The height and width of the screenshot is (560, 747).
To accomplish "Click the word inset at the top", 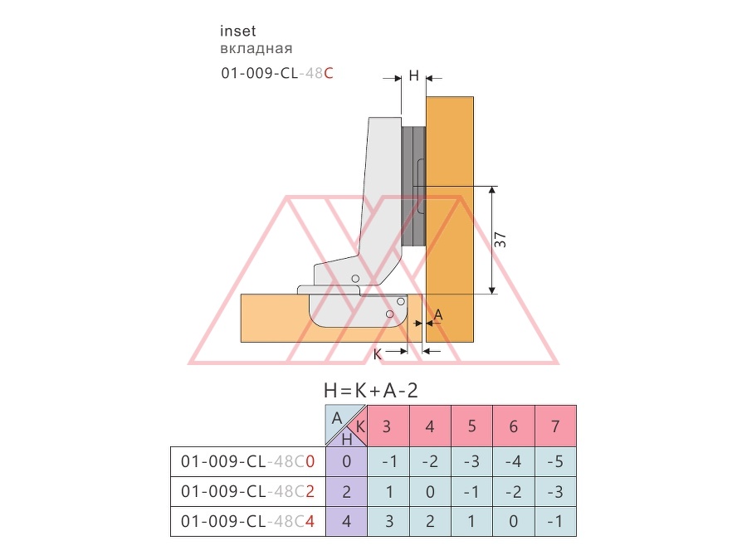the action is coord(237,31).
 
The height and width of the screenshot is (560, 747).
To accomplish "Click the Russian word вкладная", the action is coord(256,49).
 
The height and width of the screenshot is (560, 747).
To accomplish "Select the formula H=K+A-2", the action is coord(371,391).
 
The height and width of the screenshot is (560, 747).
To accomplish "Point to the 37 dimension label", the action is coord(500,240).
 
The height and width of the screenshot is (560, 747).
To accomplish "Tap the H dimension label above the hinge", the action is coord(413,75).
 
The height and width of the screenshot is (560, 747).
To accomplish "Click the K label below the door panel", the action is coord(378,355).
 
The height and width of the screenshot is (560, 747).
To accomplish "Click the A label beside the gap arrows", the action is coord(438,314).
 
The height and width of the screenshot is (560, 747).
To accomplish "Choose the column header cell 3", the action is coord(388,426).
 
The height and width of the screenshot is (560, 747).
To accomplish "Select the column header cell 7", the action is coord(555,426).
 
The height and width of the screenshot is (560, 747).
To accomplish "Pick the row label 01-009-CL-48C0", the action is coord(247,462).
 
